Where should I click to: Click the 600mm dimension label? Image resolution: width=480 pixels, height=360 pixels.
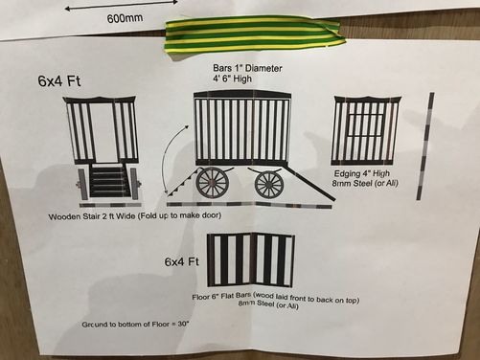click(125, 18)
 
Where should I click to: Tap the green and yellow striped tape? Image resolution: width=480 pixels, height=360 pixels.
click(254, 34)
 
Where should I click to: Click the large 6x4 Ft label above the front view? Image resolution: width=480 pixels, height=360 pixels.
click(59, 80)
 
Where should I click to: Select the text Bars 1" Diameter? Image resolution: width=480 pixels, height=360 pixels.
click(247, 68)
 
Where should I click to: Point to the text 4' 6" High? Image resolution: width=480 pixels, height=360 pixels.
click(233, 79)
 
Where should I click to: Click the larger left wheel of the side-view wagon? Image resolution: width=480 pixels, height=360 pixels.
click(213, 182)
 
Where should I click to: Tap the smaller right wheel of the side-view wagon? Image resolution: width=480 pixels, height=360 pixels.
click(269, 184)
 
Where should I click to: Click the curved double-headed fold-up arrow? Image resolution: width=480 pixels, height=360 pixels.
click(171, 159)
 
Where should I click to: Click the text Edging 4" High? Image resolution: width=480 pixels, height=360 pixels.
click(362, 173)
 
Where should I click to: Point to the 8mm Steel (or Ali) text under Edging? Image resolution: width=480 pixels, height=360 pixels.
click(365, 183)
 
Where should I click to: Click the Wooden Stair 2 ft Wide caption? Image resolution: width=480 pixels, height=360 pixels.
click(134, 216)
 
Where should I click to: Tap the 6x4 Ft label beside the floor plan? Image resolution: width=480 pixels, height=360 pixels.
click(182, 261)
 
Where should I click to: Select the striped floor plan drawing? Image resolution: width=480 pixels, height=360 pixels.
click(251, 260)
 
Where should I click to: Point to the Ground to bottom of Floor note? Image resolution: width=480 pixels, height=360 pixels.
click(136, 325)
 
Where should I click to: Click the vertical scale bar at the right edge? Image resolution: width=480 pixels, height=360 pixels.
click(425, 146)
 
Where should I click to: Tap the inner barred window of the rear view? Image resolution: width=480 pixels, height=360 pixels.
click(365, 125)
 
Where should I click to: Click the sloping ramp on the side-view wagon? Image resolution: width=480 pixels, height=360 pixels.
click(309, 184)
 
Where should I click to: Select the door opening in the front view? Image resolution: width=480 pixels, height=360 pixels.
click(103, 132)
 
